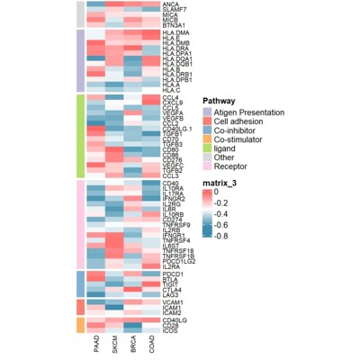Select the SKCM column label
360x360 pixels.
tap(115, 346)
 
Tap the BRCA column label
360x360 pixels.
tap(134, 346)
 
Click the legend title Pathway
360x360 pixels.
tap(219, 101)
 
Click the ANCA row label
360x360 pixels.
tap(172, 4)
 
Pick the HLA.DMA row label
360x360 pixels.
tap(176, 32)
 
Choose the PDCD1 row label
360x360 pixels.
tap(173, 273)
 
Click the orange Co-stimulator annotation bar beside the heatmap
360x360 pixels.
tap(80, 324)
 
